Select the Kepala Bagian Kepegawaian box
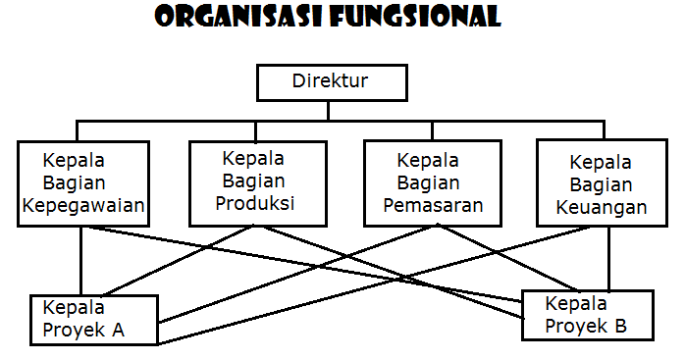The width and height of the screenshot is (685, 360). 82,183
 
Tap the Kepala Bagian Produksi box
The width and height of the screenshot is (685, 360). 254,183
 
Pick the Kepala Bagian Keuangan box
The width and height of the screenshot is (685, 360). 601,183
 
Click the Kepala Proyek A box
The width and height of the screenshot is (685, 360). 94,319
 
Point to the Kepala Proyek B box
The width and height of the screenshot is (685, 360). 587,314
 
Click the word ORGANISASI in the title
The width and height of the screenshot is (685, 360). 239,18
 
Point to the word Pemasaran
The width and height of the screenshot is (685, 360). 432,205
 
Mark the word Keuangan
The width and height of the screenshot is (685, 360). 601,207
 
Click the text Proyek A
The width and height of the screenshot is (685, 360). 83,330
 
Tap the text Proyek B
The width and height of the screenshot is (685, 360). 585,326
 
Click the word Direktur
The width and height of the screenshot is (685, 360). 330,80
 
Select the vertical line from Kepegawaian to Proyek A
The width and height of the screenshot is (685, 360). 81,260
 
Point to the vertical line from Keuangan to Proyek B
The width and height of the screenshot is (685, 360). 609,257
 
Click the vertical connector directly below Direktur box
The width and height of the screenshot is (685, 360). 330,111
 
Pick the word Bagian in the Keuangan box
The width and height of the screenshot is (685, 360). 602,184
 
